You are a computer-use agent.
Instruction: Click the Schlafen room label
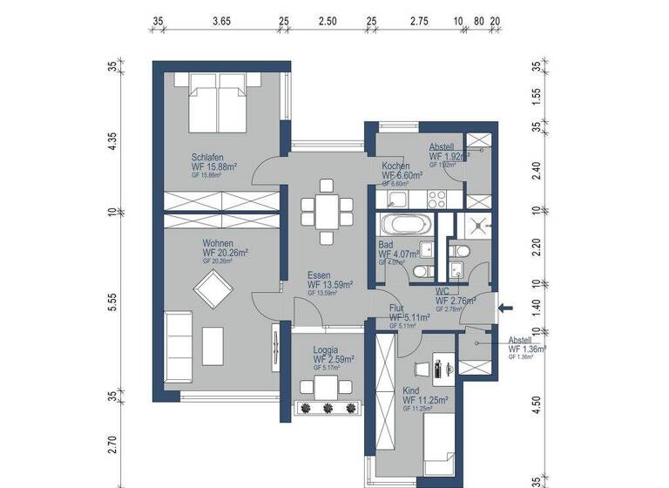tap(207, 157)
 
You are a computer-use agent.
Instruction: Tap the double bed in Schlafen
tap(219, 98)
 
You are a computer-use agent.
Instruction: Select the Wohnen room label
tap(217, 244)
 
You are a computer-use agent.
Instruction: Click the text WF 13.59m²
tap(329, 284)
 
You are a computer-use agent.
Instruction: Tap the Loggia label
tap(325, 349)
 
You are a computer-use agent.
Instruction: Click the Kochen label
tap(396, 166)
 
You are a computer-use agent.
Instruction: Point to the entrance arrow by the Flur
tap(510, 306)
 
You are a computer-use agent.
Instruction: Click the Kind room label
tap(411, 391)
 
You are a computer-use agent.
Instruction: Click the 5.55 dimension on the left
tap(112, 301)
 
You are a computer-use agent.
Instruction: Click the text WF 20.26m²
tap(226, 253)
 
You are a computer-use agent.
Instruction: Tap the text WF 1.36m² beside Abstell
tap(526, 349)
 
